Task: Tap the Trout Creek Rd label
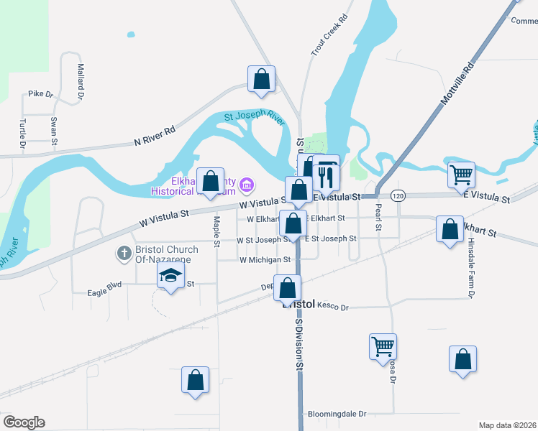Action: (328, 36)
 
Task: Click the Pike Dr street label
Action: (41, 94)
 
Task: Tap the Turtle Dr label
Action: (23, 135)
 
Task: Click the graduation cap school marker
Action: (171, 275)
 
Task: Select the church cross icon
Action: (124, 254)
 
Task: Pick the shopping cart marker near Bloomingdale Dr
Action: (383, 346)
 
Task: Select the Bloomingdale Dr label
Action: (337, 414)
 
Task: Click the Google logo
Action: (24, 422)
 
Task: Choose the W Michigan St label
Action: (265, 260)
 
